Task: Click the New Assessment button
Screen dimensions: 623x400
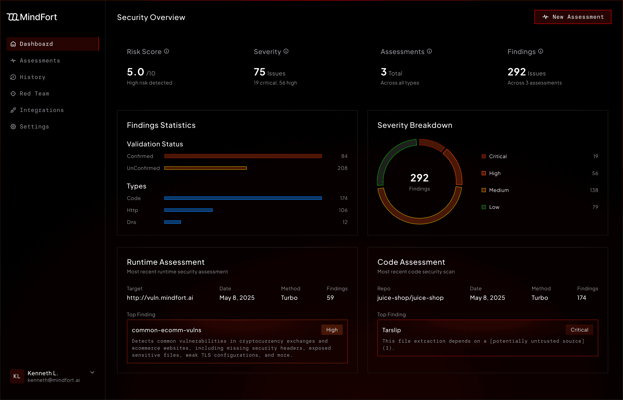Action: pos(573,17)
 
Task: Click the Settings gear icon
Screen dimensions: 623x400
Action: pos(13,126)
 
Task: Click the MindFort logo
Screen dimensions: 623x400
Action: pos(32,17)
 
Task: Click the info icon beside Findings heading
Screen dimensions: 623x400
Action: pos(540,51)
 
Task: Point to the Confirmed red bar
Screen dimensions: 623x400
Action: pos(243,156)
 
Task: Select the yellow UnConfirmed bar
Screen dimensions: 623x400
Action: pos(206,168)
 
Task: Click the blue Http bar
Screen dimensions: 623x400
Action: pos(188,210)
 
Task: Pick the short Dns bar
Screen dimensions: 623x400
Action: pos(173,222)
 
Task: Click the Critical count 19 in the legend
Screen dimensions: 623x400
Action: pos(595,156)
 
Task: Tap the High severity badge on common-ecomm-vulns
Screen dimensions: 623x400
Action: pos(332,330)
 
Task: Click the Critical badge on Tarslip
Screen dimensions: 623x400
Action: pos(579,330)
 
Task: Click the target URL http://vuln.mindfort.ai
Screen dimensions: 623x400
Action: pos(160,298)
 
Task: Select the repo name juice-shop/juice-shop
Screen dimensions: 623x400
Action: pos(410,298)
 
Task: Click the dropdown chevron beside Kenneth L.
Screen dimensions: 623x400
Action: pos(92,372)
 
